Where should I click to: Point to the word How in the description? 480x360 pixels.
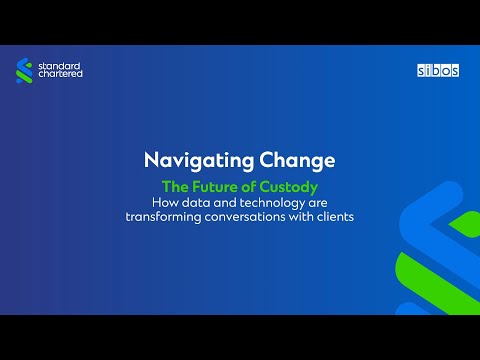(x=160, y=204)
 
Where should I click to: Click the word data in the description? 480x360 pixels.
(x=193, y=204)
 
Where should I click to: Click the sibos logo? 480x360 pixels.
(x=436, y=71)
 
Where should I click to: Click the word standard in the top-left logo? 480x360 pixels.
(x=62, y=65)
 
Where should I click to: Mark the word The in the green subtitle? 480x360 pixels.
(x=175, y=186)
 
